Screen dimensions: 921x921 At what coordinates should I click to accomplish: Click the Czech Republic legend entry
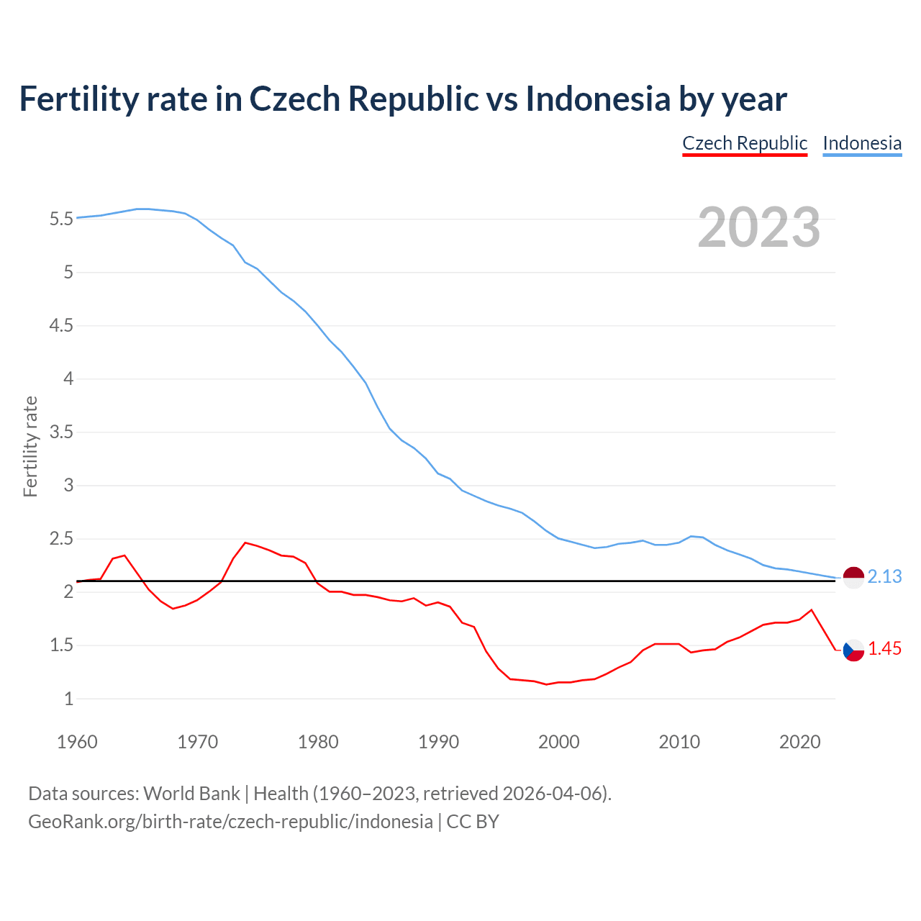tap(745, 143)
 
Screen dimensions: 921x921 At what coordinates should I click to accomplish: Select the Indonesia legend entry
tap(862, 143)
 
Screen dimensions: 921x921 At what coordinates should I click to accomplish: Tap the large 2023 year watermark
tap(758, 227)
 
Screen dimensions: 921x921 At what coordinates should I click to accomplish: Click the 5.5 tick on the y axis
tap(61, 219)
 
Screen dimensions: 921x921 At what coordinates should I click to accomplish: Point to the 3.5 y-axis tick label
tap(61, 432)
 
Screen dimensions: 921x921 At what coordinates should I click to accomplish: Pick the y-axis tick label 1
tap(68, 699)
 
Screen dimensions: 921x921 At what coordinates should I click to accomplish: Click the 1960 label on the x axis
tap(77, 742)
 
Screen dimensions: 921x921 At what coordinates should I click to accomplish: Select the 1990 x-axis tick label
tap(438, 742)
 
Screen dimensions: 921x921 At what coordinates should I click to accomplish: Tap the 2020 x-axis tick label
tap(799, 742)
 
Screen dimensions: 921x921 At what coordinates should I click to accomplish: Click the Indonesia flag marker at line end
tap(853, 578)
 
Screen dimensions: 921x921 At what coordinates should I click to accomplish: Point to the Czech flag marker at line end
tap(853, 650)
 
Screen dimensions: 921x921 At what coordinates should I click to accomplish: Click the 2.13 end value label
tap(884, 577)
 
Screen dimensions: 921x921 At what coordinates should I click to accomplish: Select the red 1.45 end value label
tap(884, 649)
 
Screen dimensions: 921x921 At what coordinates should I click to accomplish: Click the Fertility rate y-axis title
tap(30, 446)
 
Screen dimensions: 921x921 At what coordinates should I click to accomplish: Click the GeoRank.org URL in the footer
tap(230, 822)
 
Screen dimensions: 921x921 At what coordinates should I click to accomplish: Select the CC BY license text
tap(473, 822)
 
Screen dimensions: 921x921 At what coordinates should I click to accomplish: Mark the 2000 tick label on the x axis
tap(558, 742)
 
